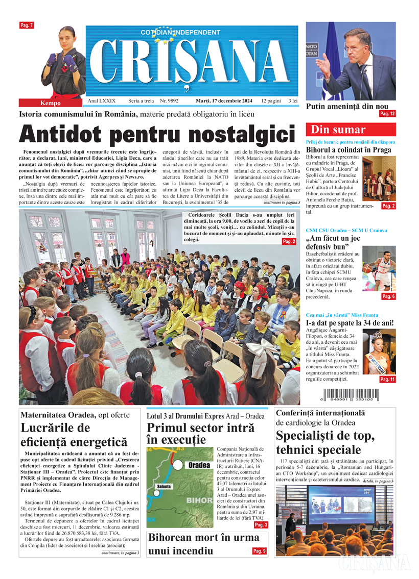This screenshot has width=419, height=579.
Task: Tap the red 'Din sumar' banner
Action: point(351,130)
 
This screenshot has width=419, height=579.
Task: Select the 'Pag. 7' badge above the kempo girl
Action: point(27,25)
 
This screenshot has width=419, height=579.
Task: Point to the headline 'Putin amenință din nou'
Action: point(347,107)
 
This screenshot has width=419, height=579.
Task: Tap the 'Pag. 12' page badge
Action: point(387,114)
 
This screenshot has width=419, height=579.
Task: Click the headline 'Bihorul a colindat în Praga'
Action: point(348,150)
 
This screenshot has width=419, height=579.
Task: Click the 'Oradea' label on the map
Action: point(198,465)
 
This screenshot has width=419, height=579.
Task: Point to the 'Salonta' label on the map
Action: point(165,486)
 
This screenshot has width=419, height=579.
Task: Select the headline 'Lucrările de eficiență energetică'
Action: point(74,434)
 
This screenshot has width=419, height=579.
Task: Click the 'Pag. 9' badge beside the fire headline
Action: point(260,551)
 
